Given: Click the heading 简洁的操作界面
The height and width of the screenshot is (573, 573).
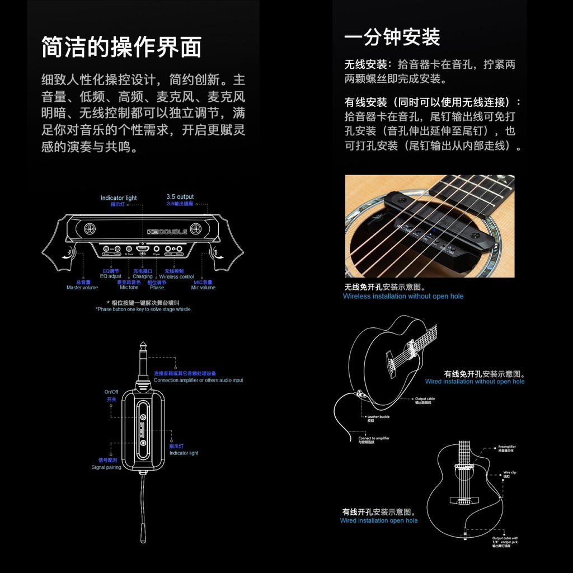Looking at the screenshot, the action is click(x=121, y=47).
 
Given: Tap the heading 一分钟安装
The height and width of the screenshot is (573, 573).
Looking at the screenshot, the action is click(x=392, y=37).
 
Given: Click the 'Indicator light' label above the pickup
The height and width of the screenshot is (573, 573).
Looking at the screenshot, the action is click(x=119, y=198).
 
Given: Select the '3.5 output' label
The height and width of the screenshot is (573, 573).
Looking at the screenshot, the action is click(x=180, y=197).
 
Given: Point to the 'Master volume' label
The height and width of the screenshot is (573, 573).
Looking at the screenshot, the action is click(x=82, y=288).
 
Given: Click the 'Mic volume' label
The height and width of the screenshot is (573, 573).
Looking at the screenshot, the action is click(x=203, y=288).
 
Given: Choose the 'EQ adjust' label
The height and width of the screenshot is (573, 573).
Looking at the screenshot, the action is click(x=110, y=276).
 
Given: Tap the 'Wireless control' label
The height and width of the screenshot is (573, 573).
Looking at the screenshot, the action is click(x=177, y=276).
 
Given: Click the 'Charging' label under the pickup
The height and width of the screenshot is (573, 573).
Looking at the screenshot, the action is click(x=143, y=276).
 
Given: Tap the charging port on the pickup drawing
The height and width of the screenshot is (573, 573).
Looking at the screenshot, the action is click(x=143, y=248).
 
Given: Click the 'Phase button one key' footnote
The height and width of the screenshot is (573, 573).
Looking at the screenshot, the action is click(x=143, y=309).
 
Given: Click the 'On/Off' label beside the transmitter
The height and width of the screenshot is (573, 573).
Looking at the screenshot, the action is click(x=111, y=392).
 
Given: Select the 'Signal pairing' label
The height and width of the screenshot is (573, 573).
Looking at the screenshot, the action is click(x=106, y=467).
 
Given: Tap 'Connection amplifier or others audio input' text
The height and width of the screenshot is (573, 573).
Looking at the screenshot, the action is click(x=198, y=381).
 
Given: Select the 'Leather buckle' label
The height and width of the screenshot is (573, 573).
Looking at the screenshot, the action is click(x=378, y=417).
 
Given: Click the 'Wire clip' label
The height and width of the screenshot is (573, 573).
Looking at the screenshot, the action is click(x=510, y=473).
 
